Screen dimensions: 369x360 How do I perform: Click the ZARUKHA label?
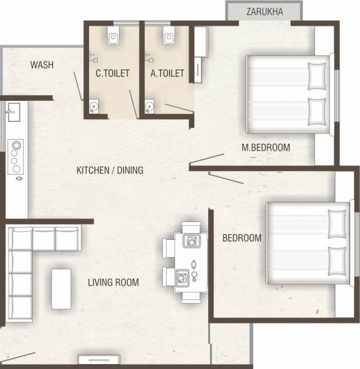tap(264, 11)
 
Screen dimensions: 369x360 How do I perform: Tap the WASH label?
tap(41, 65)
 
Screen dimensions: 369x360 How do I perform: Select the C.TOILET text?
tap(112, 73)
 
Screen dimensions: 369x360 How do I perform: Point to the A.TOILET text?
tap(167, 73)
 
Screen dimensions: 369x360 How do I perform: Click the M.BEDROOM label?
tap(265, 148)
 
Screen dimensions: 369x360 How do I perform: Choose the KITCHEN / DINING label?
tap(109, 170)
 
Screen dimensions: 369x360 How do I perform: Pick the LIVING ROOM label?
tap(113, 283)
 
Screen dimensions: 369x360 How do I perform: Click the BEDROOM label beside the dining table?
tap(241, 238)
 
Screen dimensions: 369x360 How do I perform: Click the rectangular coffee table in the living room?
tap(61, 288)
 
